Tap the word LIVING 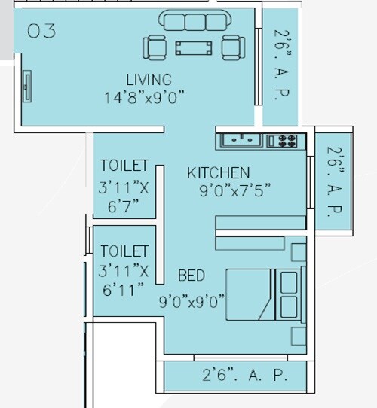tap(149, 79)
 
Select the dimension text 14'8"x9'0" tap(146, 96)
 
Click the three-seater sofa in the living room tap(194, 21)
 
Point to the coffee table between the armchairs tap(194, 48)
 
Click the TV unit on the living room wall tap(28, 87)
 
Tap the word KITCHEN tap(218, 173)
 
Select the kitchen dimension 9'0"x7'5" tap(234, 191)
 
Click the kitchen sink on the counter tap(241, 139)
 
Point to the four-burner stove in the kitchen tap(286, 139)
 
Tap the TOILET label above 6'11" tap(124, 251)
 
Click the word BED tap(191, 275)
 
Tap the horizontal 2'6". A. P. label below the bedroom tap(244, 374)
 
